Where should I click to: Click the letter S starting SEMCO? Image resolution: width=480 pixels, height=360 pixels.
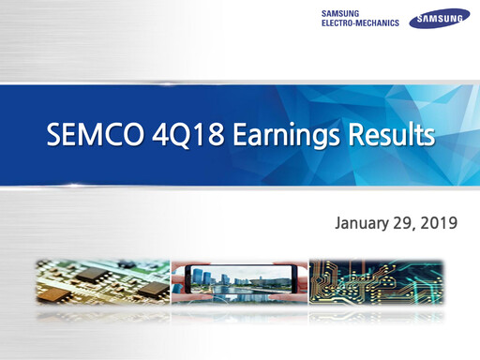54,137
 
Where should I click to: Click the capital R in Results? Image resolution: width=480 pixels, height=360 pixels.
349,137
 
